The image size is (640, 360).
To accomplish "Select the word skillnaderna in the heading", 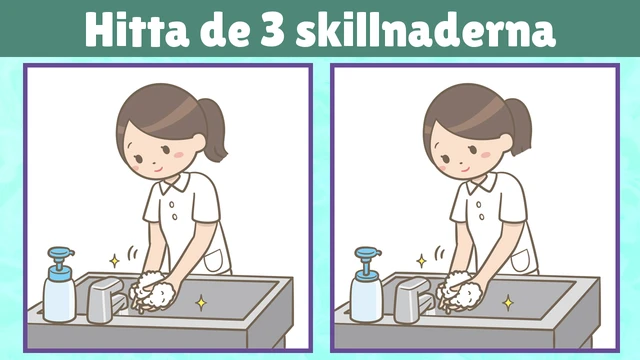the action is (x=426, y=29).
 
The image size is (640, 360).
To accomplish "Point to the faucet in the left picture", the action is (x=107, y=299).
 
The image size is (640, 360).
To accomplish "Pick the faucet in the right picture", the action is (x=414, y=299).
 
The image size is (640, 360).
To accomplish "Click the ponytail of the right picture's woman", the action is (x=519, y=127).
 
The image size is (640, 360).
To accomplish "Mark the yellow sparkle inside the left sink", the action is (x=201, y=303).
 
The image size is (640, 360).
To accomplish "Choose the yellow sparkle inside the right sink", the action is (x=508, y=303).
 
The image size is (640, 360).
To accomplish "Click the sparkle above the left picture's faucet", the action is (x=115, y=261).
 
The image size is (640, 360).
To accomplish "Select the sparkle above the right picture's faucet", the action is (x=422, y=261).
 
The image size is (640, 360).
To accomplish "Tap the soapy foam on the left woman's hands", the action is (x=152, y=290).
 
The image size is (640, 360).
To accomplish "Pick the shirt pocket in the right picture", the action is (x=521, y=261).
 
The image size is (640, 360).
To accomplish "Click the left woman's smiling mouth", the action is (x=159, y=169).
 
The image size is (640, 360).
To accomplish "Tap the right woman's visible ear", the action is (x=507, y=144).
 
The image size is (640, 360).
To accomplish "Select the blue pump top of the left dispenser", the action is (x=61, y=255).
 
